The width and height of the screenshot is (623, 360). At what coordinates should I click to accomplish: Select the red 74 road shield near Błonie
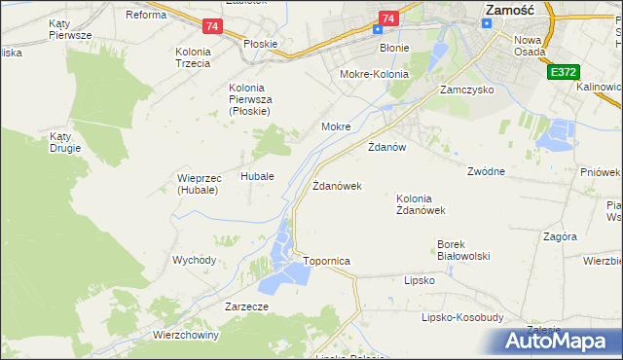[388, 18]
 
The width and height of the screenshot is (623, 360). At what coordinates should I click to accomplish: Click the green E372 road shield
[561, 72]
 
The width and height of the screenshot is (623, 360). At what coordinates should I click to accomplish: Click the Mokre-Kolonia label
[373, 74]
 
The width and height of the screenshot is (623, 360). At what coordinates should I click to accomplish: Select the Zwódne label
[486, 171]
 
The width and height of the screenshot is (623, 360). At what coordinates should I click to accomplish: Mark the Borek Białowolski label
[462, 250]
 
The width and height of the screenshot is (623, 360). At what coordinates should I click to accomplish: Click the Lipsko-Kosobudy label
[461, 317]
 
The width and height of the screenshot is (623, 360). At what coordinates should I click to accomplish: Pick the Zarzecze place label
[246, 306]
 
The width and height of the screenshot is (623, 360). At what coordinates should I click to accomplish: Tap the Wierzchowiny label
[186, 335]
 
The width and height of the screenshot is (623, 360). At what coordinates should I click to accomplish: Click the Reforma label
[146, 15]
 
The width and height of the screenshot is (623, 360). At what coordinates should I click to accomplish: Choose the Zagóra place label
[561, 236]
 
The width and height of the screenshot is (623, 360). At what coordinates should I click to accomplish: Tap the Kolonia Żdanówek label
[421, 204]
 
